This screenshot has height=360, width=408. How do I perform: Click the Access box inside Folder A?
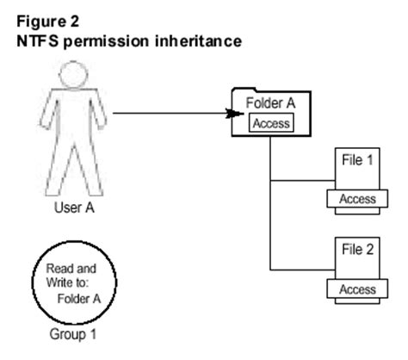(271, 122)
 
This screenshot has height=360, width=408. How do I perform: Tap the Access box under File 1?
(357, 199)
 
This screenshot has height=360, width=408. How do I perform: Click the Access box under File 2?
(357, 289)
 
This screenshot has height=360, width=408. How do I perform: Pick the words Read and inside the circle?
(70, 269)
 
